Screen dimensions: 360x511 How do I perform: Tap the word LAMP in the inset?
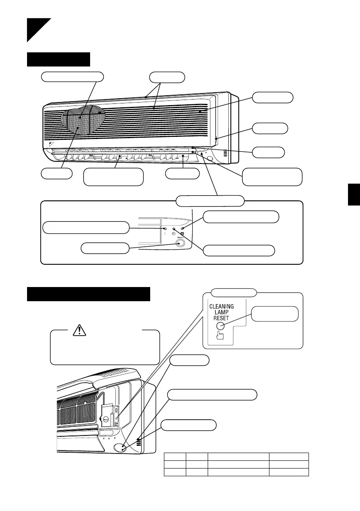(222, 313)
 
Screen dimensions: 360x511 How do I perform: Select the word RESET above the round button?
(222, 320)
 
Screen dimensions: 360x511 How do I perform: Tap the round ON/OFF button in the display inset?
(180, 243)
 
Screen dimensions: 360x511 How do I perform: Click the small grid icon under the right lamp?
(182, 234)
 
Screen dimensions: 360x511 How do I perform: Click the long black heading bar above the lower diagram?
(88, 294)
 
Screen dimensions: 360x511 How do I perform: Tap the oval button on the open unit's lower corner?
(121, 447)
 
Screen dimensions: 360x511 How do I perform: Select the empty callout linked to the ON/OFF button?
(105, 248)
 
